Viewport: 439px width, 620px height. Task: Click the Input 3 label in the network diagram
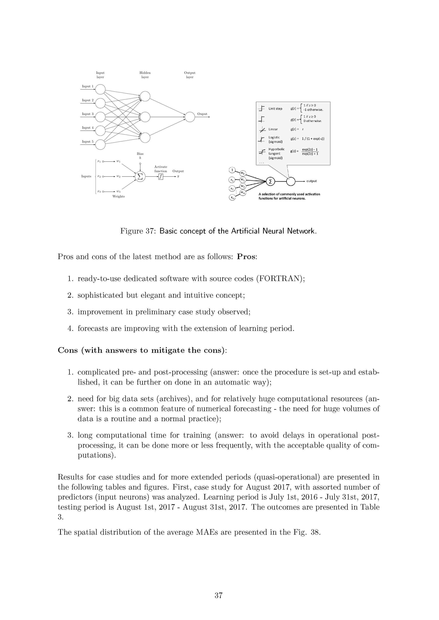[x=88, y=114]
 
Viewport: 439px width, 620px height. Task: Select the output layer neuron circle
[x=190, y=117]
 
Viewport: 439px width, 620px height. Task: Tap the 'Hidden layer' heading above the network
[x=145, y=75]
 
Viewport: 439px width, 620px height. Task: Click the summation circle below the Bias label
[x=140, y=177]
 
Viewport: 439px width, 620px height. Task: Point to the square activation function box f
[x=161, y=177]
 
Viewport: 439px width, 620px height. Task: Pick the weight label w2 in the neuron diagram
[x=118, y=177]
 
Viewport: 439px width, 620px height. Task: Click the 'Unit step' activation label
[x=275, y=109]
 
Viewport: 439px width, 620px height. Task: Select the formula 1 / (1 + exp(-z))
[x=313, y=139]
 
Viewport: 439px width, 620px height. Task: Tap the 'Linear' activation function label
[x=273, y=129]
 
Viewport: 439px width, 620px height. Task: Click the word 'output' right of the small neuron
[x=311, y=181]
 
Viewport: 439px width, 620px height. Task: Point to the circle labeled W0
[x=243, y=173]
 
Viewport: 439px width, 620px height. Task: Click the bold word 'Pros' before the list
[x=246, y=257]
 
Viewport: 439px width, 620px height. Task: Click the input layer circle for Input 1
[x=100, y=89]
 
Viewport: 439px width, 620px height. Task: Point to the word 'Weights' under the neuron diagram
[x=118, y=196]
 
